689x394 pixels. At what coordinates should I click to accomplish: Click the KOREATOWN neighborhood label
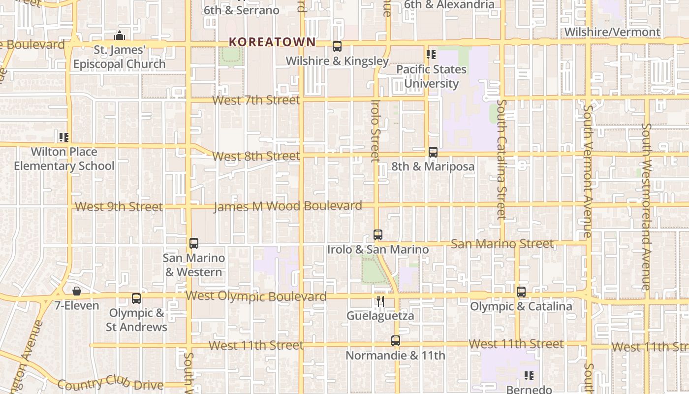pos(272,42)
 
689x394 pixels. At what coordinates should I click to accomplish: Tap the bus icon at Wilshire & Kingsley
pos(337,46)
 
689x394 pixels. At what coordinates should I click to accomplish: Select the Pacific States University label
pos(432,76)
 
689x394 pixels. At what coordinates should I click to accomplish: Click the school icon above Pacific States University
pos(431,55)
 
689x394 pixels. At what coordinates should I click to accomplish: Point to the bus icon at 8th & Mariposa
pos(433,152)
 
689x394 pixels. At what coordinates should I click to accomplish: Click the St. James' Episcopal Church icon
pos(119,36)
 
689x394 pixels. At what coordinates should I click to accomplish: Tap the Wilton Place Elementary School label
pos(64,159)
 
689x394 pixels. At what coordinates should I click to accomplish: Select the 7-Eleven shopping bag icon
pos(76,291)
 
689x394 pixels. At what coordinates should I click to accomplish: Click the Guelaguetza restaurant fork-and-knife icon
pos(380,301)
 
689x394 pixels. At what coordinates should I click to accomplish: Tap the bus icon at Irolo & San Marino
pos(378,235)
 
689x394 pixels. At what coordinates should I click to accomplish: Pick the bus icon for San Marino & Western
pos(194,243)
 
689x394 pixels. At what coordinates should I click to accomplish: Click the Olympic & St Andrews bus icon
pos(136,298)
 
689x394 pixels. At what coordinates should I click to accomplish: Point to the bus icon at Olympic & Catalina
pos(521,292)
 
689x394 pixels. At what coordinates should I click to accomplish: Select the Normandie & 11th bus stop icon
pos(396,340)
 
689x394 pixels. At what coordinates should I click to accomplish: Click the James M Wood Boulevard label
pos(288,206)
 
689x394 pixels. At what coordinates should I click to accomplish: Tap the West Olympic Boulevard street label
pos(256,296)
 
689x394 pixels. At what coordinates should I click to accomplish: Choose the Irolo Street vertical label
pos(376,131)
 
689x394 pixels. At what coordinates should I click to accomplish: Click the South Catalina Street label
pos(501,159)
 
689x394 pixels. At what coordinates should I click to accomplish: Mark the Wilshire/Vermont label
pos(612,32)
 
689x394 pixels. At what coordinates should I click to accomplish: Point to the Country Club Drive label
pos(110,383)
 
